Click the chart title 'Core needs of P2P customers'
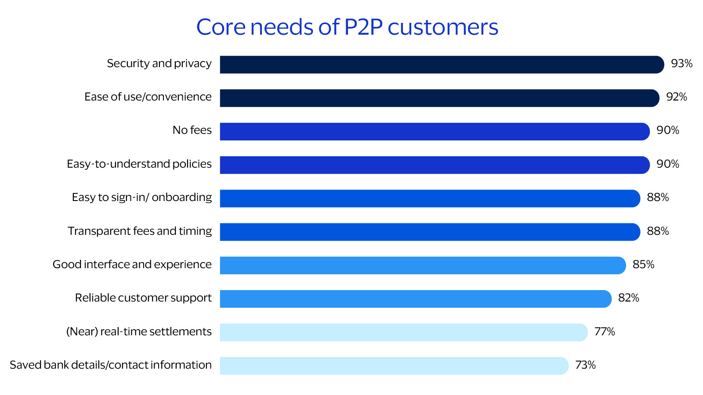(x=347, y=27)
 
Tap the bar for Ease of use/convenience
(x=439, y=98)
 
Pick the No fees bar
(x=435, y=132)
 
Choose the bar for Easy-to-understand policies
(x=435, y=165)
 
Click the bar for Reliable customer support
(x=415, y=299)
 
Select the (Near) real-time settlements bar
(x=403, y=332)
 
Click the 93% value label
(x=681, y=64)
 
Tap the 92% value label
(x=677, y=97)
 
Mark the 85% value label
(x=643, y=265)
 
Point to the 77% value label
(x=605, y=332)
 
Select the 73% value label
(x=585, y=365)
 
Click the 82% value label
(x=628, y=298)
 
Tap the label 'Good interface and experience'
(x=132, y=264)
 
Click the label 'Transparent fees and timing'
(x=140, y=231)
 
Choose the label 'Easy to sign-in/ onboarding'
(x=141, y=197)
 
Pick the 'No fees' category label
(x=192, y=130)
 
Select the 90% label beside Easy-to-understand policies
(x=667, y=164)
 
